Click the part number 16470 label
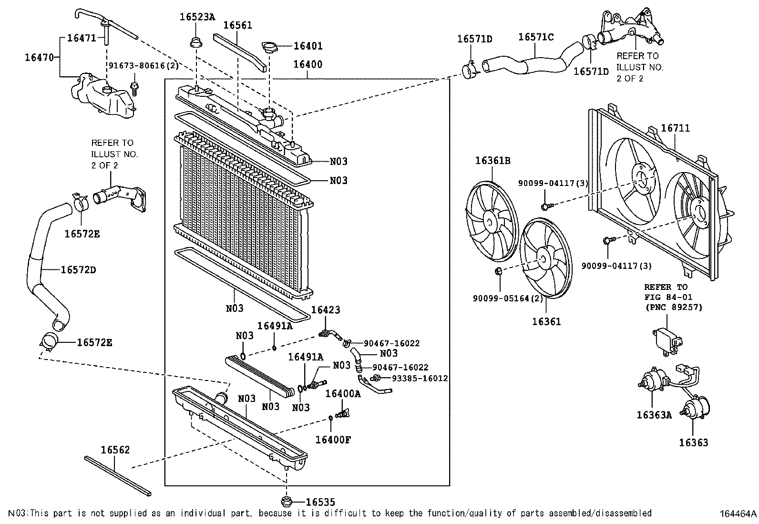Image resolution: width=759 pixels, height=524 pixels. pos(41,58)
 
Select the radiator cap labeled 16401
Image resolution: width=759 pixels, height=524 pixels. pos(270,46)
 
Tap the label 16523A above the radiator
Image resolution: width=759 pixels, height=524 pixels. pos(197,17)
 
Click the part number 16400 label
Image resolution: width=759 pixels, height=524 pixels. pos(308,64)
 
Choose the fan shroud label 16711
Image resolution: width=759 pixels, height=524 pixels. pos(675,128)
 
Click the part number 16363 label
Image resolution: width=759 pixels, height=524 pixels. pos(693,443)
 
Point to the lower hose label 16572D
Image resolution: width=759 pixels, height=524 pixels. pos(79,270)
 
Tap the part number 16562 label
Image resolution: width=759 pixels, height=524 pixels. pos(115,450)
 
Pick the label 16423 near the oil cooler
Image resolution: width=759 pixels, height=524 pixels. pos(326,310)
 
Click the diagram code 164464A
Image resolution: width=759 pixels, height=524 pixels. pos(738,514)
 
